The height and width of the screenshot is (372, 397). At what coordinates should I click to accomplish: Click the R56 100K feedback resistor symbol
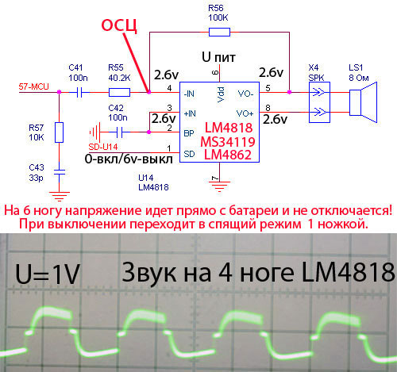pos(219,32)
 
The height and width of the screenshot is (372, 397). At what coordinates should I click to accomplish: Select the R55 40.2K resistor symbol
pos(119,92)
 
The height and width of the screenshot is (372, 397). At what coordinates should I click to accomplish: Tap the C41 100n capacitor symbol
pos(79,92)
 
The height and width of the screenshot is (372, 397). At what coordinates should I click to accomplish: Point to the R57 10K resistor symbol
pos(59,132)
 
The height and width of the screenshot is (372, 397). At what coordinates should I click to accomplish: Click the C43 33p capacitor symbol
pos(60,172)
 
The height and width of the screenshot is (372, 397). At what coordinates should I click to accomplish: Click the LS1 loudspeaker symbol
pos(363,102)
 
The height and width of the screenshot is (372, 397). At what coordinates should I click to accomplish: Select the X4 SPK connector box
pos(319,102)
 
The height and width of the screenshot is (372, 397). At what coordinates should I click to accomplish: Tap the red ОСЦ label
pos(119,25)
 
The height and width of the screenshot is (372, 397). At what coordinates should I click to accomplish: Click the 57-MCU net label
pos(33,86)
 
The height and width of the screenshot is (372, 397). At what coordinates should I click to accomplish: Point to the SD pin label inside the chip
pos(189,154)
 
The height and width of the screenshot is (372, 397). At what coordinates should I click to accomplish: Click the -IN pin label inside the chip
pos(189,94)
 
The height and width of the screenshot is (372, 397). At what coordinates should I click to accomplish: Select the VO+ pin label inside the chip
pos(245,113)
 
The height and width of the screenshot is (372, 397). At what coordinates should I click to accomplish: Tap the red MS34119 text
pos(228,142)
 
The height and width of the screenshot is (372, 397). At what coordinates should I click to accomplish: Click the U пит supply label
pos(218,57)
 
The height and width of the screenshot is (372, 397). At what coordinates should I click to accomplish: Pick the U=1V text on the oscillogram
pos(48,274)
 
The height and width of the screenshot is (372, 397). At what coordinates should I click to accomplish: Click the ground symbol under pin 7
pos(219,186)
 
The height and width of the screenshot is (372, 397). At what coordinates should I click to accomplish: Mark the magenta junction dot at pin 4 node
pos(149,92)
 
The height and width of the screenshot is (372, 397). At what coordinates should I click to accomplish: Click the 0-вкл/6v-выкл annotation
pos(129,159)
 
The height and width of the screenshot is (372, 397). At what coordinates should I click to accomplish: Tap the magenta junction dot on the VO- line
pos(289,92)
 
